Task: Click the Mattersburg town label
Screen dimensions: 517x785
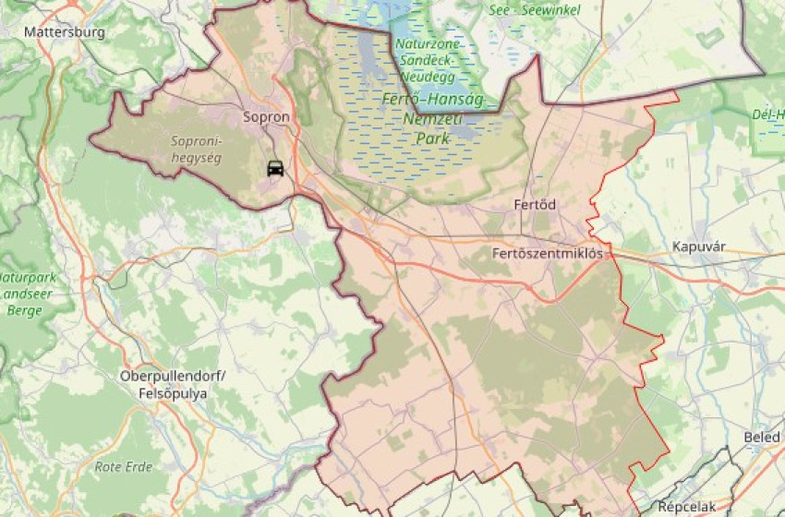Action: [65, 31]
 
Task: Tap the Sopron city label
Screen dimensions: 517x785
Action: [266, 117]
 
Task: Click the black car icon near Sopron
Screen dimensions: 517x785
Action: [275, 169]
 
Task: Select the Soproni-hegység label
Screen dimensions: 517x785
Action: [197, 149]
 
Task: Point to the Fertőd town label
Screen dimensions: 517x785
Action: [535, 204]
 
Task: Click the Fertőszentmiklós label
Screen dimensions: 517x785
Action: [548, 252]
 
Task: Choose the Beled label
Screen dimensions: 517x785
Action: [761, 437]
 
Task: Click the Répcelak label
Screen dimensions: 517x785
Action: [688, 506]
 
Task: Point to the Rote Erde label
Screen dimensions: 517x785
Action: [123, 466]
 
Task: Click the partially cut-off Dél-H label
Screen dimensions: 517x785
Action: [767, 114]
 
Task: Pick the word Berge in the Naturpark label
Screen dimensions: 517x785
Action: [23, 310]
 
